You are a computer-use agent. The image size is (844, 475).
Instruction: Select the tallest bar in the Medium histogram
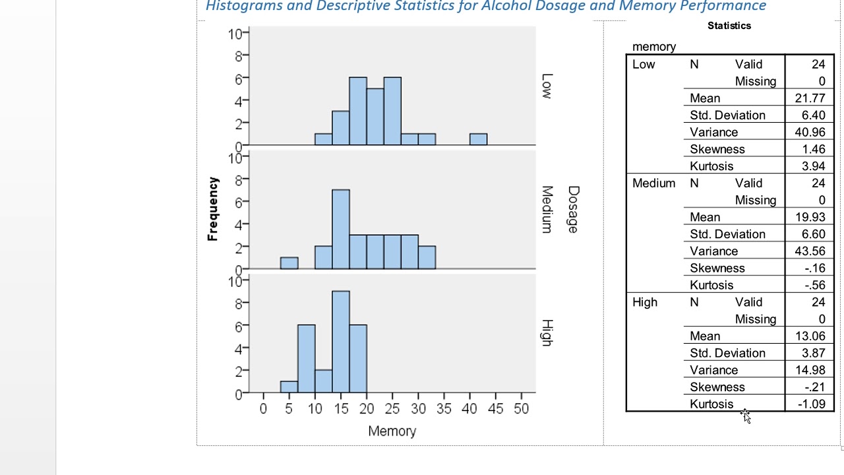(341, 229)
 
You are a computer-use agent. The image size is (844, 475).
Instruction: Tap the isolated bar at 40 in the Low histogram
(478, 139)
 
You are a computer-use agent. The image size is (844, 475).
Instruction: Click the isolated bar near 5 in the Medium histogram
(289, 263)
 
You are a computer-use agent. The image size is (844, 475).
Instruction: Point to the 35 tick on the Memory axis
(444, 409)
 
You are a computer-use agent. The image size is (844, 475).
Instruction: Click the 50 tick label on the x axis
(521, 409)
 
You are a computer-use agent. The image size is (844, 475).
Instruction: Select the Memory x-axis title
(392, 431)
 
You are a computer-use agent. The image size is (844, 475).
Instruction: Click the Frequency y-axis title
(212, 209)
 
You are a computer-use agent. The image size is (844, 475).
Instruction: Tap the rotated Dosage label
(572, 209)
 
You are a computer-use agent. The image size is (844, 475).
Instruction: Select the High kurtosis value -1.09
(811, 404)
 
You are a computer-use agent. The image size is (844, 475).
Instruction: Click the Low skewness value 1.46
(814, 150)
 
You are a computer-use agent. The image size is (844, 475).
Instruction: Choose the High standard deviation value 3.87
(814, 353)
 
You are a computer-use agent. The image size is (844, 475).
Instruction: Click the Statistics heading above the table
(729, 26)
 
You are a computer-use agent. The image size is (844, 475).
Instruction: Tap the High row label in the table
(645, 302)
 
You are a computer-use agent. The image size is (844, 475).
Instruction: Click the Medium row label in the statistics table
(653, 183)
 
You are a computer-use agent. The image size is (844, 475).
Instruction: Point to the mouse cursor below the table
(745, 415)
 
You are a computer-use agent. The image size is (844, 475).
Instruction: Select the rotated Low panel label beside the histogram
(546, 86)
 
